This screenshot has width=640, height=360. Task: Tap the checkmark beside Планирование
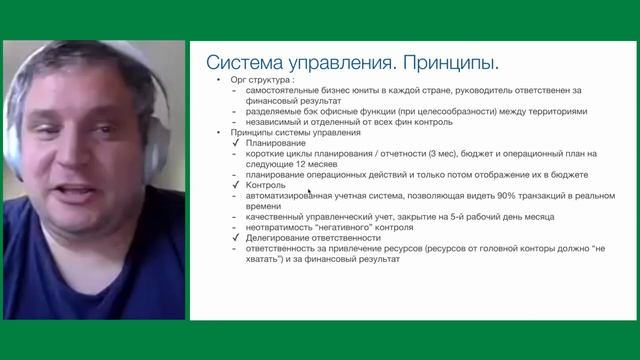pyautogui.click(x=234, y=143)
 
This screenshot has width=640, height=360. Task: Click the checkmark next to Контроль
pyautogui.click(x=234, y=185)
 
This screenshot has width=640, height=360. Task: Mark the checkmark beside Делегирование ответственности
pyautogui.click(x=234, y=238)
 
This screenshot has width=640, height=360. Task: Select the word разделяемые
pyautogui.click(x=271, y=112)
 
